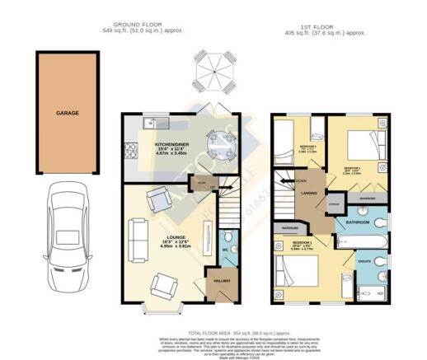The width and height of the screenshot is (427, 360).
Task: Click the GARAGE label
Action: click(x=67, y=112)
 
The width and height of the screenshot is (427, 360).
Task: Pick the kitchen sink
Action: click(x=154, y=124)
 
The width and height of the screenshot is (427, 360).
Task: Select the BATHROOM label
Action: click(x=357, y=222)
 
